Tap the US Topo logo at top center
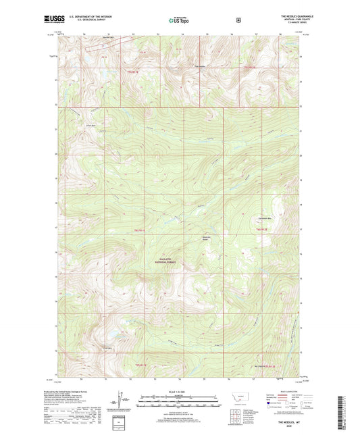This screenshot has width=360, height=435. pos(179,20)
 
